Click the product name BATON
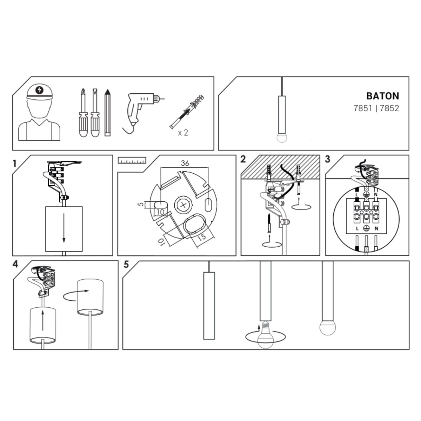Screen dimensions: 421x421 coord(382,96)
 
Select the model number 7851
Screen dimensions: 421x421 coord(362,108)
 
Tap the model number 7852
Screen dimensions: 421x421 coord(389,108)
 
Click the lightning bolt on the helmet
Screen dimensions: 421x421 coord(39,90)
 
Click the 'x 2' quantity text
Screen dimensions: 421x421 coord(183,133)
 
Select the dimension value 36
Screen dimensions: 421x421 coord(185,163)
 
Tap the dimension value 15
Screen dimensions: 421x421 coord(202,237)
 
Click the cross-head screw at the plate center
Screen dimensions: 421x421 coord(183,205)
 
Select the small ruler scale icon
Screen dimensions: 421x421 coord(132,161)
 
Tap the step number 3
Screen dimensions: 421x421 coord(327,159)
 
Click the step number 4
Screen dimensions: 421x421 coord(15,265)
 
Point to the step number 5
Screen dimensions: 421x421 coord(126,265)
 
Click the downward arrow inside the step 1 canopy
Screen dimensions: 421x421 coord(64,228)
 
